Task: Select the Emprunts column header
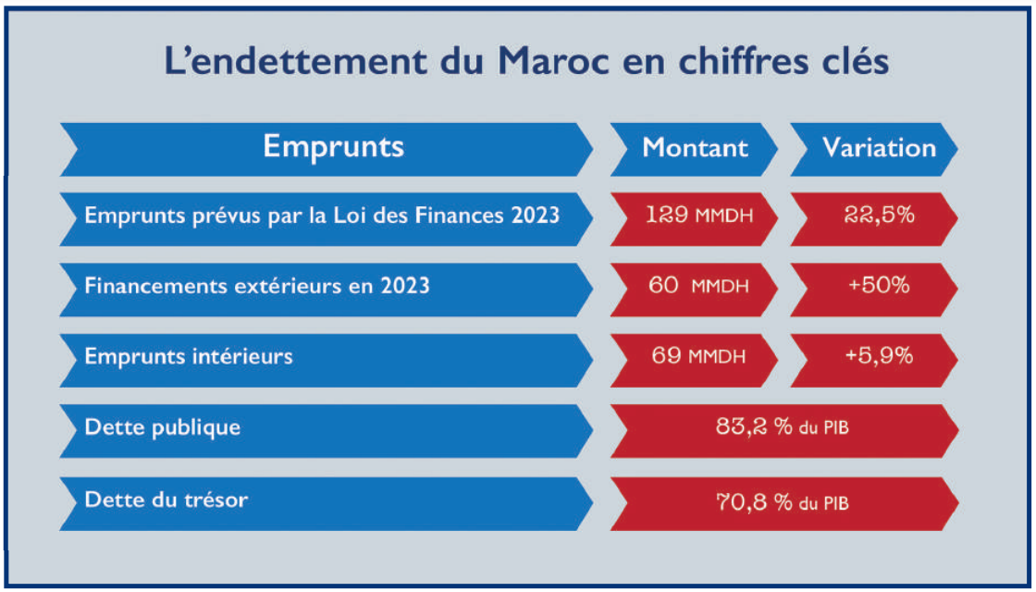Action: point(333,147)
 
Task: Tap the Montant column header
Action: point(696,148)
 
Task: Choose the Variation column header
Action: point(879,148)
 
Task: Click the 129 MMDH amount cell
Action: point(698,216)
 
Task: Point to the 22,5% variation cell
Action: point(879,216)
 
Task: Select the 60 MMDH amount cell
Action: point(698,286)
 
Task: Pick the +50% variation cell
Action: point(879,286)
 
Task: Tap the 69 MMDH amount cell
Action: point(698,356)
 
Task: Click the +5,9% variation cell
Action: point(879,356)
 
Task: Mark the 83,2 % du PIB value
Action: point(783,427)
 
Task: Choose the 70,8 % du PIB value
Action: point(783,503)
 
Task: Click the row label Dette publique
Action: point(162,427)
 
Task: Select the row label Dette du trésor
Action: point(166,500)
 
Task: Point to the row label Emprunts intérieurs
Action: point(188,356)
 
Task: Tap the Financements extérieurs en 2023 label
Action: point(256,286)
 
